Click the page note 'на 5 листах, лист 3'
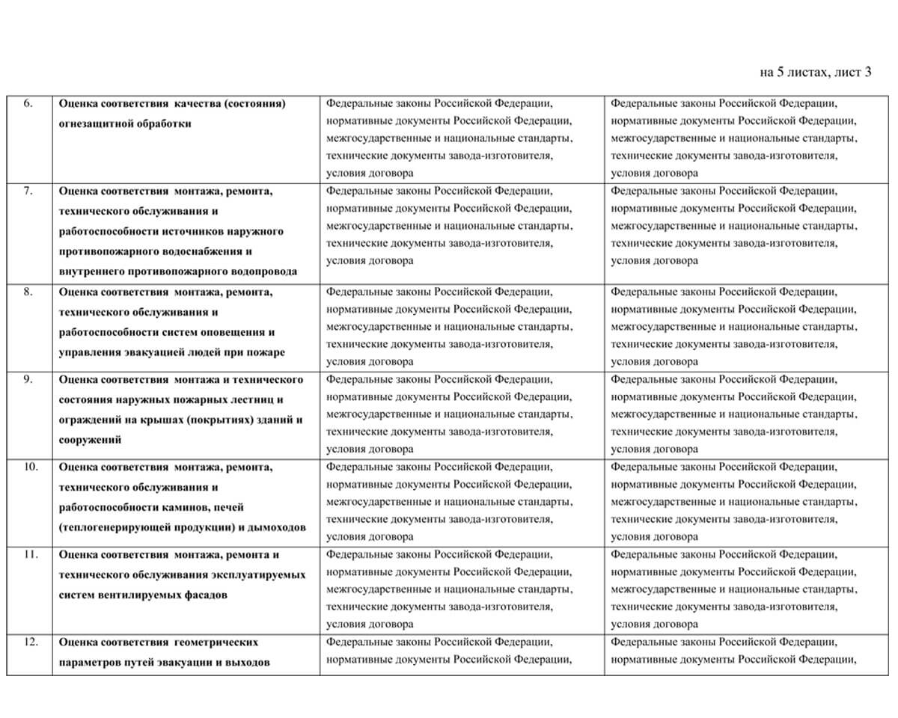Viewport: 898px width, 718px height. click(x=815, y=73)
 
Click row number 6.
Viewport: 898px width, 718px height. click(x=28, y=103)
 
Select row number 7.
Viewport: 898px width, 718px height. click(x=28, y=191)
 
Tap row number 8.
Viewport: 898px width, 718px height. click(x=28, y=292)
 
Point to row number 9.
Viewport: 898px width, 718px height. click(x=28, y=378)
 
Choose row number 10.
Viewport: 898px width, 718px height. click(x=30, y=467)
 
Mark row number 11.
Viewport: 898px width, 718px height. click(x=30, y=554)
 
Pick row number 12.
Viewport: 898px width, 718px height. click(x=30, y=642)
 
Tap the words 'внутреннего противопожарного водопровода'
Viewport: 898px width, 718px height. click(x=178, y=271)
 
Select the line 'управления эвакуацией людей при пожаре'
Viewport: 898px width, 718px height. click(x=171, y=352)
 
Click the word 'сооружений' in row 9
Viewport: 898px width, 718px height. click(x=90, y=440)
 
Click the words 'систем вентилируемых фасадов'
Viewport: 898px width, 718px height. click(x=143, y=595)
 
